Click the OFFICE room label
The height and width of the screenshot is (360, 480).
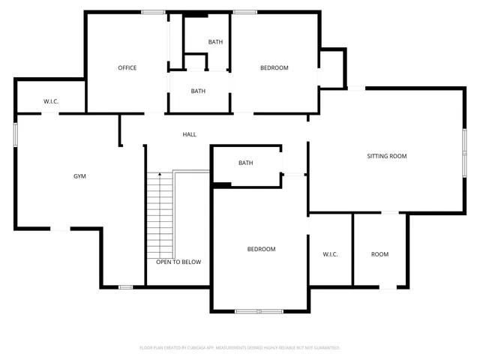(127, 68)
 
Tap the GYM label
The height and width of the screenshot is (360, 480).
(79, 176)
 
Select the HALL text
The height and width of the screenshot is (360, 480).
(190, 134)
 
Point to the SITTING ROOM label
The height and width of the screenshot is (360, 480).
(387, 156)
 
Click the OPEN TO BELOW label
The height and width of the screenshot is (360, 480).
(178, 262)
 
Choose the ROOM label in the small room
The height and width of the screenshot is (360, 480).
(380, 254)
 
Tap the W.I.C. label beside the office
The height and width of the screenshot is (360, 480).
(51, 101)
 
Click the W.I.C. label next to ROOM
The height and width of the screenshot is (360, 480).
(331, 254)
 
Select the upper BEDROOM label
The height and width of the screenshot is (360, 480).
(274, 68)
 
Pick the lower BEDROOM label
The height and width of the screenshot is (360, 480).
(262, 249)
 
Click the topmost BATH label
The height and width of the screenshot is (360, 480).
(216, 42)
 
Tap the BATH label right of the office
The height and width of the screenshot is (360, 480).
(198, 91)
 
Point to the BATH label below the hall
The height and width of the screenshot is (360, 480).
(246, 163)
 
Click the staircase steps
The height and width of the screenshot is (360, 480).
(160, 214)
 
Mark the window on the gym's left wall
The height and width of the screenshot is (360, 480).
(16, 133)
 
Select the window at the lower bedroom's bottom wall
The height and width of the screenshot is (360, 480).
(259, 310)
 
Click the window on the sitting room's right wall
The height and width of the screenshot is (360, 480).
(464, 154)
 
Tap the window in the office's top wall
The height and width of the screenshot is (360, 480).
(154, 12)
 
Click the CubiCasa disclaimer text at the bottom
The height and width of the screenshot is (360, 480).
(240, 348)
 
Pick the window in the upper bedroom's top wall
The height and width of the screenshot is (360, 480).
(245, 12)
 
